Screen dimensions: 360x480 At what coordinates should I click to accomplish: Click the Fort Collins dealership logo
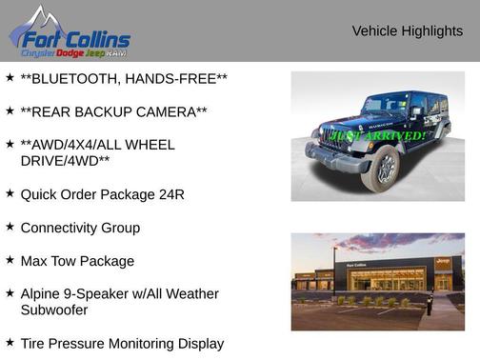point(70,33)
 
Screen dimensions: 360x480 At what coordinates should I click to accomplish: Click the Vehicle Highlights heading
point(407,31)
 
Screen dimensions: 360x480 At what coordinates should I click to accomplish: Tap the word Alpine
point(42,293)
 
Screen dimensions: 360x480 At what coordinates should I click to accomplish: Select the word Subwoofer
point(54,310)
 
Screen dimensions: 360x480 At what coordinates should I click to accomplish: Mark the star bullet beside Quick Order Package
point(10,193)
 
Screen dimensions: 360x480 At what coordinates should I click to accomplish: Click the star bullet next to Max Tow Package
point(10,260)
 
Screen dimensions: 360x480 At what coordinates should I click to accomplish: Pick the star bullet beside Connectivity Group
point(10,227)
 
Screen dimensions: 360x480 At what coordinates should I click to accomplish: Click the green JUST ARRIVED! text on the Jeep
point(377,136)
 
